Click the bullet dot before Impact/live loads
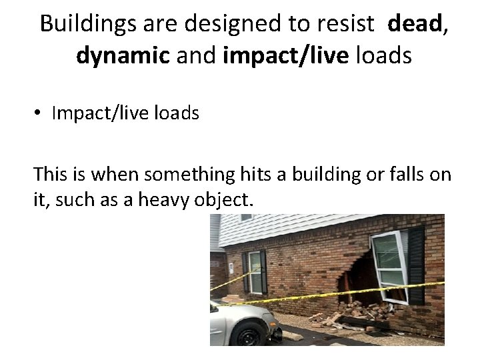39,114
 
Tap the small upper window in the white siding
247,217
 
